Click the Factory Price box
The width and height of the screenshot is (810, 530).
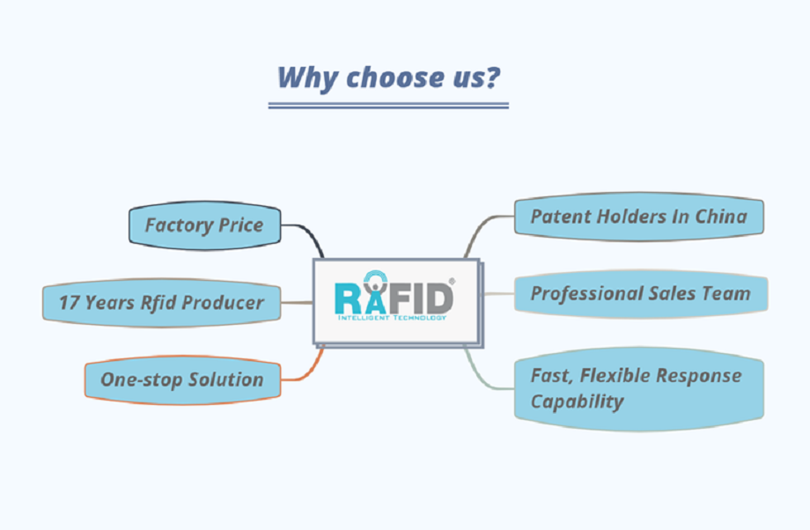203,225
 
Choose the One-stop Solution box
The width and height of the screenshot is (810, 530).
181,380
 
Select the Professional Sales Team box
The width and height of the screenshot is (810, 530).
639,293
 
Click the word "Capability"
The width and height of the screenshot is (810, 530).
577,402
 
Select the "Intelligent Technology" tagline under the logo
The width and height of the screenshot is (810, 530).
390,318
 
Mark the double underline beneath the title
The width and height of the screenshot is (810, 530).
388,106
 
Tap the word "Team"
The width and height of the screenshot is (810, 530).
726,293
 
